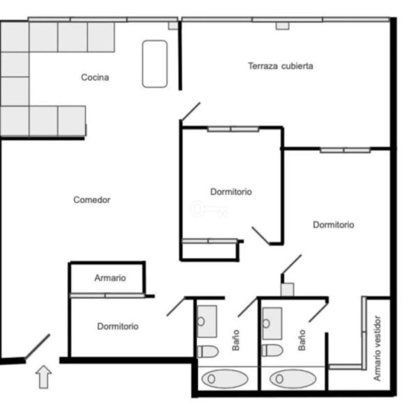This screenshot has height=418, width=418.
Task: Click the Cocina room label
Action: [95, 77]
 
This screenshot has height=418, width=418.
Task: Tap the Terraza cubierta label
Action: [281, 66]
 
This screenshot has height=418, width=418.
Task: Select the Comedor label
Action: [92, 200]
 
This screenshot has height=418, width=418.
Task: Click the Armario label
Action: [110, 278]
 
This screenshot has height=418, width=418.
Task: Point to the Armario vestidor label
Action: [377, 348]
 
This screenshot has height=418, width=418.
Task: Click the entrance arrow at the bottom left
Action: [43, 377]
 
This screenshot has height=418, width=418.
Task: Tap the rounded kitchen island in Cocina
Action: [155, 64]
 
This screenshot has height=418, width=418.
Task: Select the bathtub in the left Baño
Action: [225, 378]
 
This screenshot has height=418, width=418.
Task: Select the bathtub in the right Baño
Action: [293, 378]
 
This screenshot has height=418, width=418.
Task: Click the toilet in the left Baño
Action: [208, 351]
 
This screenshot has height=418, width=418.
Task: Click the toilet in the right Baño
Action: [272, 350]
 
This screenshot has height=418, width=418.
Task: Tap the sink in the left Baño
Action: [207, 321]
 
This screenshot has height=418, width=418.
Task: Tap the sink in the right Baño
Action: [272, 323]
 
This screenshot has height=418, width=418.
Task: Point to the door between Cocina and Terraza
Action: [190, 111]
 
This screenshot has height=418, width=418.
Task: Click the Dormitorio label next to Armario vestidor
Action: [334, 225]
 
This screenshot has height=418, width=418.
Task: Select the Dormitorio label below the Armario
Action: [118, 326]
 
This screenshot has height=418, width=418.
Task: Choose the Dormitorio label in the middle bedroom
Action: [231, 192]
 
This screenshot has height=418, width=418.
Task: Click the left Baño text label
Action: [235, 340]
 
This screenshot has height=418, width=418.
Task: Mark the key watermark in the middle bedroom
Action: [209, 209]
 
